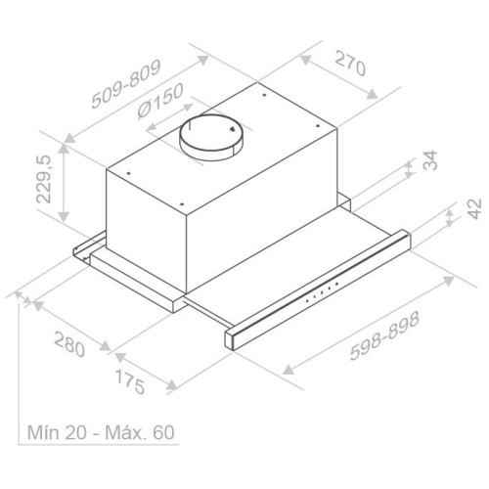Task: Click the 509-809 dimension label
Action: [x=125, y=84]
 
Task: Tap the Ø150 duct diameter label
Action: [x=159, y=101]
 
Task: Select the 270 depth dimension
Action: [x=350, y=63]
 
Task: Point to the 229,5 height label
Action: [x=44, y=179]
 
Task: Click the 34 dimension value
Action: [x=430, y=160]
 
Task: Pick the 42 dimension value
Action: [x=474, y=209]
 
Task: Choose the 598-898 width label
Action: [x=384, y=336]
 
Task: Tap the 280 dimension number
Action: [x=69, y=344]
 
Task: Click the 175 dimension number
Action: [x=130, y=381]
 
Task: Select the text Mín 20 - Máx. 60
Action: [x=101, y=432]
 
